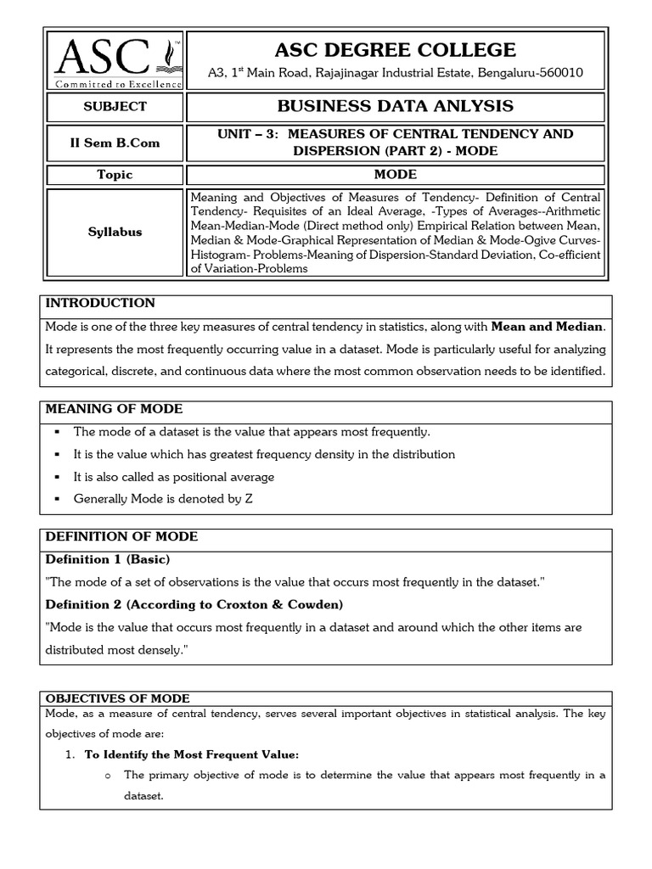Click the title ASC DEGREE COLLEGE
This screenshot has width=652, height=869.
[396, 49]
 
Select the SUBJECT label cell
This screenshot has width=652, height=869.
[114, 107]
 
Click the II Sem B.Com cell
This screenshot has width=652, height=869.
[114, 143]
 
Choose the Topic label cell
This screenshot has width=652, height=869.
[114, 175]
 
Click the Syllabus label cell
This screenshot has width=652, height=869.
[114, 232]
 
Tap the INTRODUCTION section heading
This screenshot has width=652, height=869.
[100, 303]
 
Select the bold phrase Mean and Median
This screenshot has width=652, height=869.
[548, 326]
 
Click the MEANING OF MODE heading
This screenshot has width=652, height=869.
[114, 409]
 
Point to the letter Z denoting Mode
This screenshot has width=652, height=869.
[249, 499]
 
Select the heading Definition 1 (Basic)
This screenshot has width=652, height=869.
[107, 559]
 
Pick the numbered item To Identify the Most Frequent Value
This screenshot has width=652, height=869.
[193, 754]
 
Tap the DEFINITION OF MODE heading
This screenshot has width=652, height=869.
[121, 536]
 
